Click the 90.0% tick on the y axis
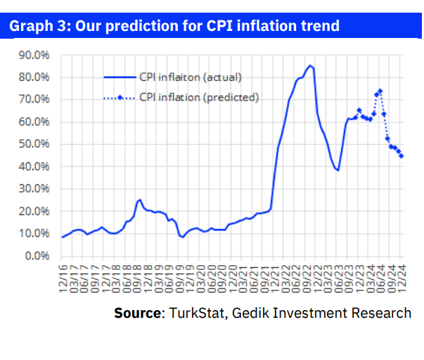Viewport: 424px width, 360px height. click(x=33, y=54)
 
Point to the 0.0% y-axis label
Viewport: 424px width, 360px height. click(x=35, y=256)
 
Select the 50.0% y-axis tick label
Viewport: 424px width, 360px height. click(x=33, y=144)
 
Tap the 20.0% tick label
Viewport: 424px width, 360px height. click(x=33, y=211)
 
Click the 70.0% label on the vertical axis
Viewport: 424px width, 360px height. click(x=33, y=99)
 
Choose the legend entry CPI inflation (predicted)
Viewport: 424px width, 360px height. click(x=199, y=97)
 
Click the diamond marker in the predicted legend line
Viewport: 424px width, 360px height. click(x=121, y=97)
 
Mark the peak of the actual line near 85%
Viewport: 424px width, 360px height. click(x=309, y=65)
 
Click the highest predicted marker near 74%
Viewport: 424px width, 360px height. click(x=380, y=91)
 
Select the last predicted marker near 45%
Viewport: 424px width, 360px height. click(x=401, y=156)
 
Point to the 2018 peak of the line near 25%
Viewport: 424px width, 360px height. click(x=139, y=200)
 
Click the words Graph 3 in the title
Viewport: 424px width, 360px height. click(x=35, y=26)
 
